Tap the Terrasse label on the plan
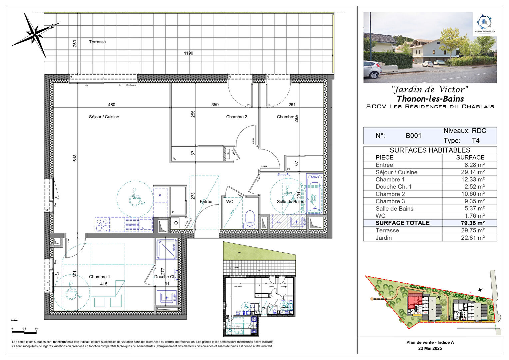click(97, 42)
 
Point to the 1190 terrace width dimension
click(189, 53)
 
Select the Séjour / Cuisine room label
click(104, 117)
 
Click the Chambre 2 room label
click(237, 117)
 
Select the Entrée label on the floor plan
click(206, 202)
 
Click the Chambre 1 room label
click(99, 277)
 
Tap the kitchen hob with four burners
click(102, 224)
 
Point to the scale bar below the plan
click(25, 332)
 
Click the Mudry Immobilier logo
click(485, 24)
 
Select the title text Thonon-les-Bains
click(430, 99)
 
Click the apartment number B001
click(413, 136)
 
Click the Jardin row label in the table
click(384, 238)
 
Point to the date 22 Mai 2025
click(430, 348)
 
